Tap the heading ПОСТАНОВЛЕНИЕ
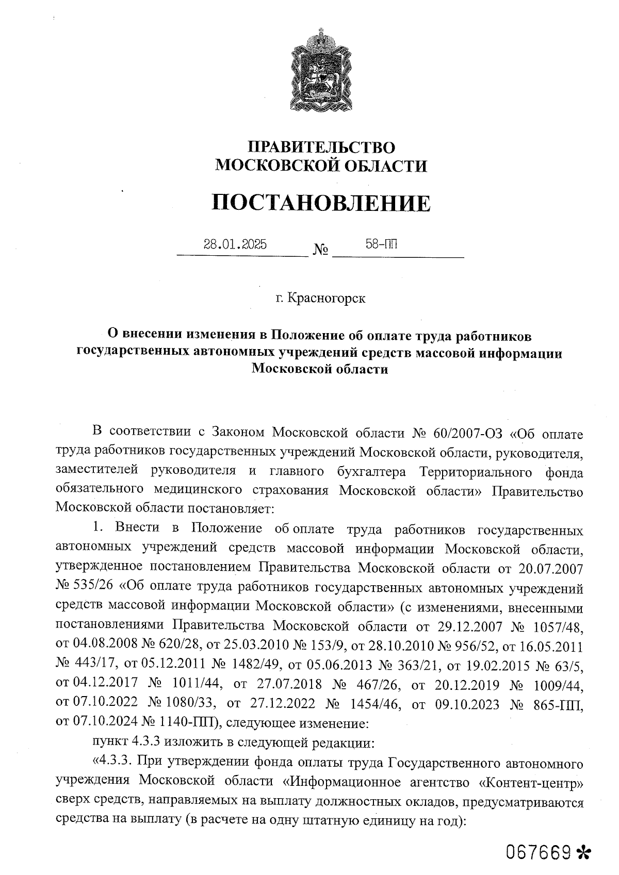320,203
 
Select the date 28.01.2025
235,244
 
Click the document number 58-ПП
382,244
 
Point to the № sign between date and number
320,252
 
